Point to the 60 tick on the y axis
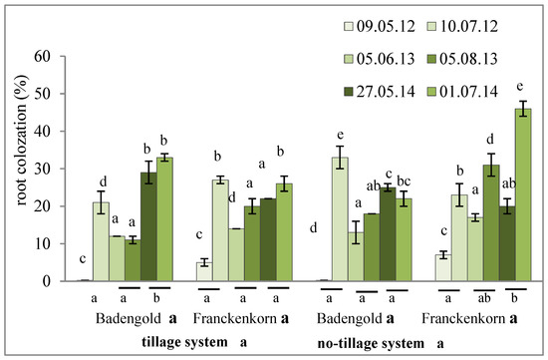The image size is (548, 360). [x=41, y=55]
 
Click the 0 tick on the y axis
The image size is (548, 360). [x=45, y=281]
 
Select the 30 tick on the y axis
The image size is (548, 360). [x=41, y=169]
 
